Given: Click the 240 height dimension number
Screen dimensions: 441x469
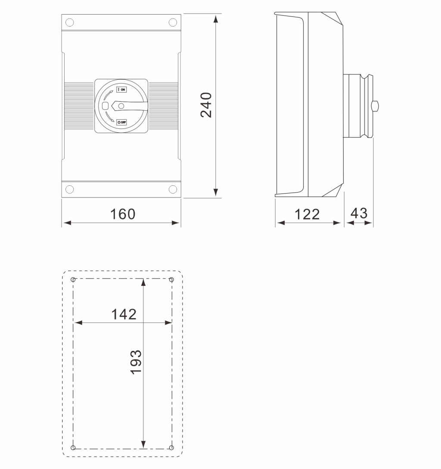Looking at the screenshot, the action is tap(206, 105).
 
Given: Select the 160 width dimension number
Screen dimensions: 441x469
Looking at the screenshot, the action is tap(123, 214).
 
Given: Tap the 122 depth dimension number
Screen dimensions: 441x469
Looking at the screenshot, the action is tap(307, 215).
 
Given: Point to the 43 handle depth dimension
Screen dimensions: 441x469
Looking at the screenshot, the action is tap(359, 213).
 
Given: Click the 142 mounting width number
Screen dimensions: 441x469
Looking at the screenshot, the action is tap(124, 314).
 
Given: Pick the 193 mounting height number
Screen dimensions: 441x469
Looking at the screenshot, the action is tap(136, 362).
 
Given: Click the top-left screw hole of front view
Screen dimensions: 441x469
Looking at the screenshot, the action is tap(70, 22).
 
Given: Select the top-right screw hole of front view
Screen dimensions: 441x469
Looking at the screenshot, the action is tap(173, 22).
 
